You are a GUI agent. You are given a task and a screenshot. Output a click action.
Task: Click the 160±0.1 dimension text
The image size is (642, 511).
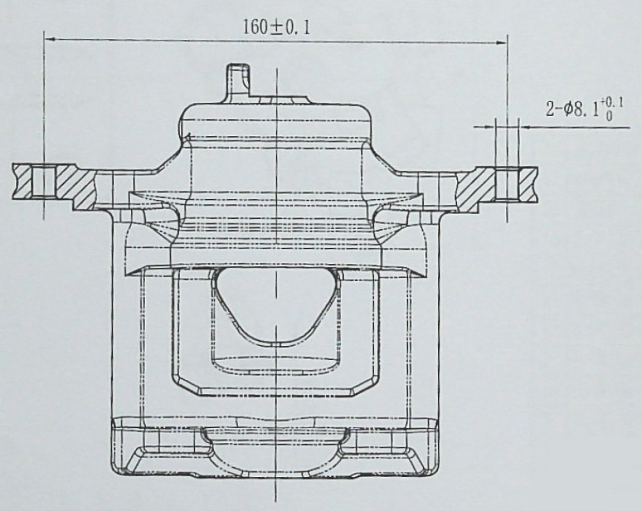pyautogui.click(x=277, y=28)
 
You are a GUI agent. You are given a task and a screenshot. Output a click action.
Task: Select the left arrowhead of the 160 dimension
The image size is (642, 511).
pyautogui.click(x=49, y=39)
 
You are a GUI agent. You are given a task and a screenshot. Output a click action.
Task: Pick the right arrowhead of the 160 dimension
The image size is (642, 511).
pyautogui.click(x=502, y=42)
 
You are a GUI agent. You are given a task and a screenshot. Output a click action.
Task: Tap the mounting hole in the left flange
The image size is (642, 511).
pyautogui.click(x=43, y=182)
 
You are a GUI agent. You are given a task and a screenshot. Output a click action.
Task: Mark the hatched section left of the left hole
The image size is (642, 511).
pyautogui.click(x=22, y=180)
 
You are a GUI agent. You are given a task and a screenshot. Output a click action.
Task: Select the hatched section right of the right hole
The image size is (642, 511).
pyautogui.click(x=528, y=184)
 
